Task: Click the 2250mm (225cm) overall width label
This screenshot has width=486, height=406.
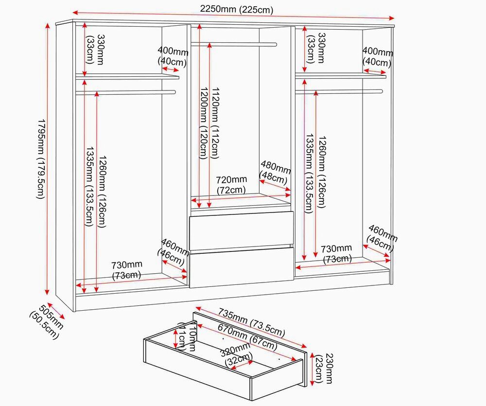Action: [x=237, y=9]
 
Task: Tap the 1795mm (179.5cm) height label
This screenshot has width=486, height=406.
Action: [x=41, y=159]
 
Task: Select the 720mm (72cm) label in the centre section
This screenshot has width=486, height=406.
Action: [x=231, y=184]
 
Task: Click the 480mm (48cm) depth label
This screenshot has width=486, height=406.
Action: [x=275, y=172]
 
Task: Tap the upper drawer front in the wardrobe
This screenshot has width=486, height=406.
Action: [x=242, y=230]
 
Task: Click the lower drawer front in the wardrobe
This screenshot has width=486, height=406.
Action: [x=242, y=267]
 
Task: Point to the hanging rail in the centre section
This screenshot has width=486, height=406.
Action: [x=234, y=45]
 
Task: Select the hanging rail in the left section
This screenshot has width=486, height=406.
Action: [x=125, y=92]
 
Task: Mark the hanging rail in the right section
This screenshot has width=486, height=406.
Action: [x=339, y=91]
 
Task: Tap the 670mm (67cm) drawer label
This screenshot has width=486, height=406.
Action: [x=247, y=336]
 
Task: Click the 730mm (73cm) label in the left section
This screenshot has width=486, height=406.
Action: [x=127, y=270]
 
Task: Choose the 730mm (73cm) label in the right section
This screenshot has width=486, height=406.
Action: [x=336, y=253]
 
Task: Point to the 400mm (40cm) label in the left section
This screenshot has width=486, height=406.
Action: [x=173, y=57]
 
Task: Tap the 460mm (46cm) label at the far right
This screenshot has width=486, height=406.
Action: [x=382, y=238]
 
